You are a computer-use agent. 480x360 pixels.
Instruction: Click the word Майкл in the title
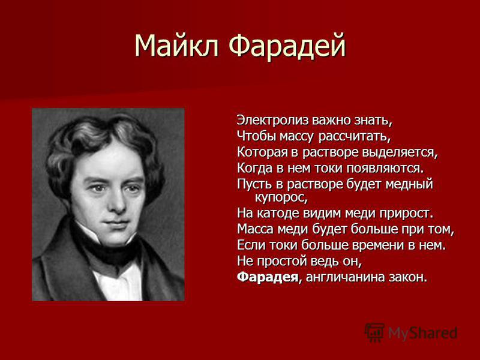[x=176, y=46]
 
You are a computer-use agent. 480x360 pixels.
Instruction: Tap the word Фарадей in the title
[x=287, y=46]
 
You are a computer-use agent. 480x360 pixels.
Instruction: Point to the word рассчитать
[x=355, y=137]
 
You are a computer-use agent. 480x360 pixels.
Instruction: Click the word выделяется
[x=400, y=152]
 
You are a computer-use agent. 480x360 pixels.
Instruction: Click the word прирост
[x=407, y=214]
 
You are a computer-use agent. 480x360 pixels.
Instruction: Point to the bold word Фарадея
[x=267, y=277]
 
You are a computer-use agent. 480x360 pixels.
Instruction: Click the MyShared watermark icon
[x=374, y=332]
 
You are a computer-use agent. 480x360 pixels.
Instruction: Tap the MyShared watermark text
[x=423, y=333]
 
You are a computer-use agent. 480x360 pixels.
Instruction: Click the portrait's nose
[x=116, y=202]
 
